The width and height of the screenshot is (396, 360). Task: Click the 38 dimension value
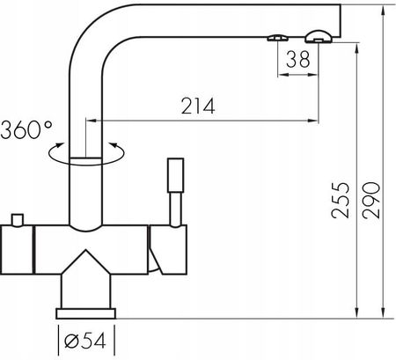tap(298, 59)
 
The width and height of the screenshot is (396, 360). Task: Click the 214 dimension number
tap(198, 106)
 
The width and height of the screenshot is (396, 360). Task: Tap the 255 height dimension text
tap(341, 201)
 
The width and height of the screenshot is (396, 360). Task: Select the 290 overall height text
tap(371, 201)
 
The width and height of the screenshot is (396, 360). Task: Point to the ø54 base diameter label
tap(84, 342)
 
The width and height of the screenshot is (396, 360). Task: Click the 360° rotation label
tap(26, 129)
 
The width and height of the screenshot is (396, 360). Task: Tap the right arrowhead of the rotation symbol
tap(113, 145)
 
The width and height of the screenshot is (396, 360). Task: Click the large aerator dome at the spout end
tap(319, 36)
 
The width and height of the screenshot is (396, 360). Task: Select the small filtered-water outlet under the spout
tap(277, 38)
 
